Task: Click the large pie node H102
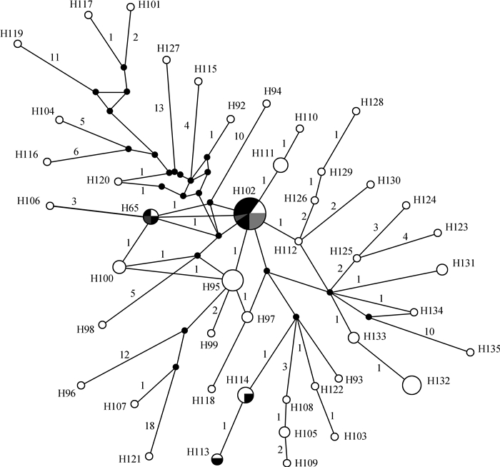tap(250, 213)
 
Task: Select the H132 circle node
tap(411, 385)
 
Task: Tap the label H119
tap(11, 33)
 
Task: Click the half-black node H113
tap(218, 458)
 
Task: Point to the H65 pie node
tap(151, 216)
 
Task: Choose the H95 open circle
tap(232, 281)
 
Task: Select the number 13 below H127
tap(159, 108)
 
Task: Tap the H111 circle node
tap(281, 166)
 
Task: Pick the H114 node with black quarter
tap(246, 395)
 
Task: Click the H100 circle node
tap(119, 267)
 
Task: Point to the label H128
tap(372, 102)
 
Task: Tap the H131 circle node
tap(441, 269)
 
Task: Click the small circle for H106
tap(50, 206)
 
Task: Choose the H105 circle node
tap(284, 432)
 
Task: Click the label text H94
tap(272, 91)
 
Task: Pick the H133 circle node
tap(353, 337)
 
